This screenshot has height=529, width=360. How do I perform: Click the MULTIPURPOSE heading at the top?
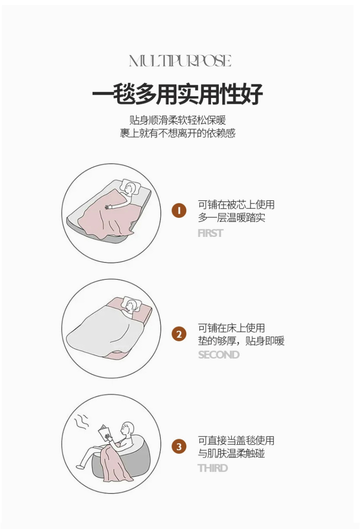180,61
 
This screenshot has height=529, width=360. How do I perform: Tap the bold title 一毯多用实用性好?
177,94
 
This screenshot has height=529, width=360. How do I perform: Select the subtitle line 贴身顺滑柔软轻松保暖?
177,120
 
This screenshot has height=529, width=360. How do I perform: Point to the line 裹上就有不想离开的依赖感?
177,133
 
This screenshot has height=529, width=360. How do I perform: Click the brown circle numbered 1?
179,211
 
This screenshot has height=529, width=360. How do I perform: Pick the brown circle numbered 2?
179,334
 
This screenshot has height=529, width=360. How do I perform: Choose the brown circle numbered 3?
179,447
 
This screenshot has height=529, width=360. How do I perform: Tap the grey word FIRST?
211,233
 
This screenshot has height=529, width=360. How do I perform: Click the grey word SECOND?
219,355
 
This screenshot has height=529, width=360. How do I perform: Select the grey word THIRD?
213,468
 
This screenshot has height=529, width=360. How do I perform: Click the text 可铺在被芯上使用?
236,205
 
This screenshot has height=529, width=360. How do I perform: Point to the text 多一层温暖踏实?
231,218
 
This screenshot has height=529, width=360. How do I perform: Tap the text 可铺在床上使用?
231,328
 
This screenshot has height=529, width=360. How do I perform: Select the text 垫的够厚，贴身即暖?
241,341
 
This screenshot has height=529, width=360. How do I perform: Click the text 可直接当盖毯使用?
236,441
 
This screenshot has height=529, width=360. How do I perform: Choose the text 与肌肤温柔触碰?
231,453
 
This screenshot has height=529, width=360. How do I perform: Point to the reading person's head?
128,429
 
